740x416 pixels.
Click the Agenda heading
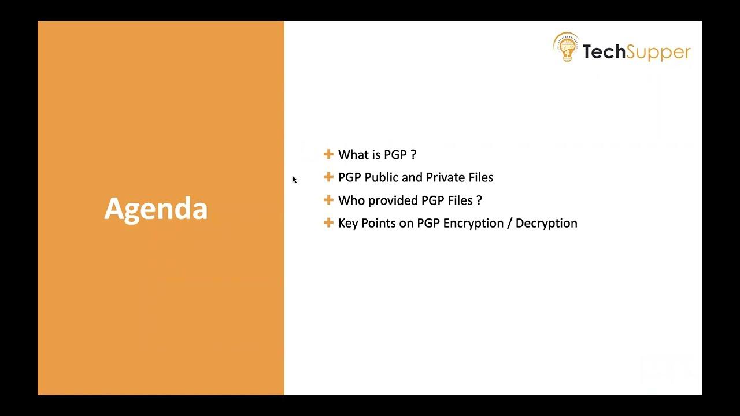pyautogui.click(x=156, y=209)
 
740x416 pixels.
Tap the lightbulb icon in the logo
pyautogui.click(x=566, y=47)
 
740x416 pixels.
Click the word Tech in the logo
pyautogui.click(x=604, y=52)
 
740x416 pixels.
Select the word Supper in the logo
pyautogui.click(x=658, y=53)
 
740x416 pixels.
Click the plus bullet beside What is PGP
pyautogui.click(x=328, y=154)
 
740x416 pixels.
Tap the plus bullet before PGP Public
pyautogui.click(x=328, y=177)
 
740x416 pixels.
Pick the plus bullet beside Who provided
pyautogui.click(x=328, y=200)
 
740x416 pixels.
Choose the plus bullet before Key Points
pyautogui.click(x=328, y=222)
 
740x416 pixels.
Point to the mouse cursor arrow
pyautogui.click(x=294, y=180)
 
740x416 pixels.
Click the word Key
pyautogui.click(x=348, y=223)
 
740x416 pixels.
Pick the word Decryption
pyautogui.click(x=546, y=223)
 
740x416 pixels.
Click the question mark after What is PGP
pyautogui.click(x=413, y=154)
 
